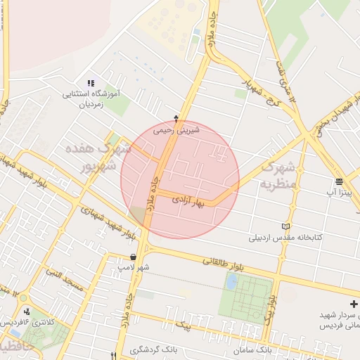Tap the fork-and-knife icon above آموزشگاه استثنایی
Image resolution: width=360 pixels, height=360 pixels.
coord(90,84)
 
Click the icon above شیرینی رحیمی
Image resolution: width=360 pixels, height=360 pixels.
coord(176,118)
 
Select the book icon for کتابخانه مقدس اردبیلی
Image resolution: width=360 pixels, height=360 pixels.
coord(285,226)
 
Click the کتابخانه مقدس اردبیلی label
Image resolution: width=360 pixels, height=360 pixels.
coord(285,238)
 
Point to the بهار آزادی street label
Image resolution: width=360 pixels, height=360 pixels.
coord(187,200)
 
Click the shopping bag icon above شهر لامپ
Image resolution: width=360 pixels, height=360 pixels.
coord(133,257)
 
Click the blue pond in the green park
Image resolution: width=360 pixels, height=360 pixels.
coord(231,282)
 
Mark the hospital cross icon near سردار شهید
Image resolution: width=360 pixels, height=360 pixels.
coord(354,303)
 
